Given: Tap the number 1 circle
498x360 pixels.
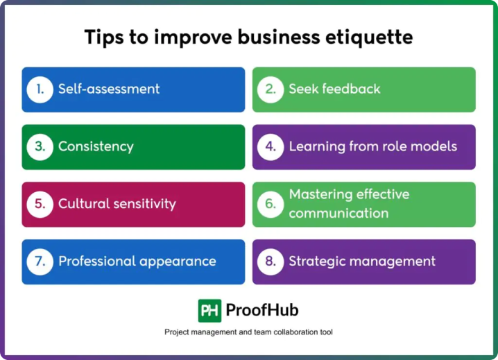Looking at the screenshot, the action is click(40, 89).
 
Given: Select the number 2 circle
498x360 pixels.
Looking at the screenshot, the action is click(271, 89).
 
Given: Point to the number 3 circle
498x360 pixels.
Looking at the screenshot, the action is click(40, 147).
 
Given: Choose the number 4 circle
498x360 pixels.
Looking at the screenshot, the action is click(271, 147).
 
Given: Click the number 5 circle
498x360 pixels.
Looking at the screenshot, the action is click(40, 205).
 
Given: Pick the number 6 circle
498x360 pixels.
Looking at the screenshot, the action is click(271, 205).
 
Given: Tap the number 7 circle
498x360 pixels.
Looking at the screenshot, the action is click(40, 262).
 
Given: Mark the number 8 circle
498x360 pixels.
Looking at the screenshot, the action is click(271, 262).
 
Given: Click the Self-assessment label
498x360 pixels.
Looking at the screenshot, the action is click(109, 89).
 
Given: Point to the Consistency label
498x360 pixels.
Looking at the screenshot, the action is click(96, 147).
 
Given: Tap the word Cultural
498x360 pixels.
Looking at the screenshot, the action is click(83, 204).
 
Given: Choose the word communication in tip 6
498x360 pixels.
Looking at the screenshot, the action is click(338, 213).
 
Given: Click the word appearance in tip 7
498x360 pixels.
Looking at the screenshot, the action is click(178, 262).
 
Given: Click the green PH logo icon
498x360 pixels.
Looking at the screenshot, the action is click(209, 311).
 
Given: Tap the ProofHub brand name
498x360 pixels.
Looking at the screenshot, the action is click(262, 310).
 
